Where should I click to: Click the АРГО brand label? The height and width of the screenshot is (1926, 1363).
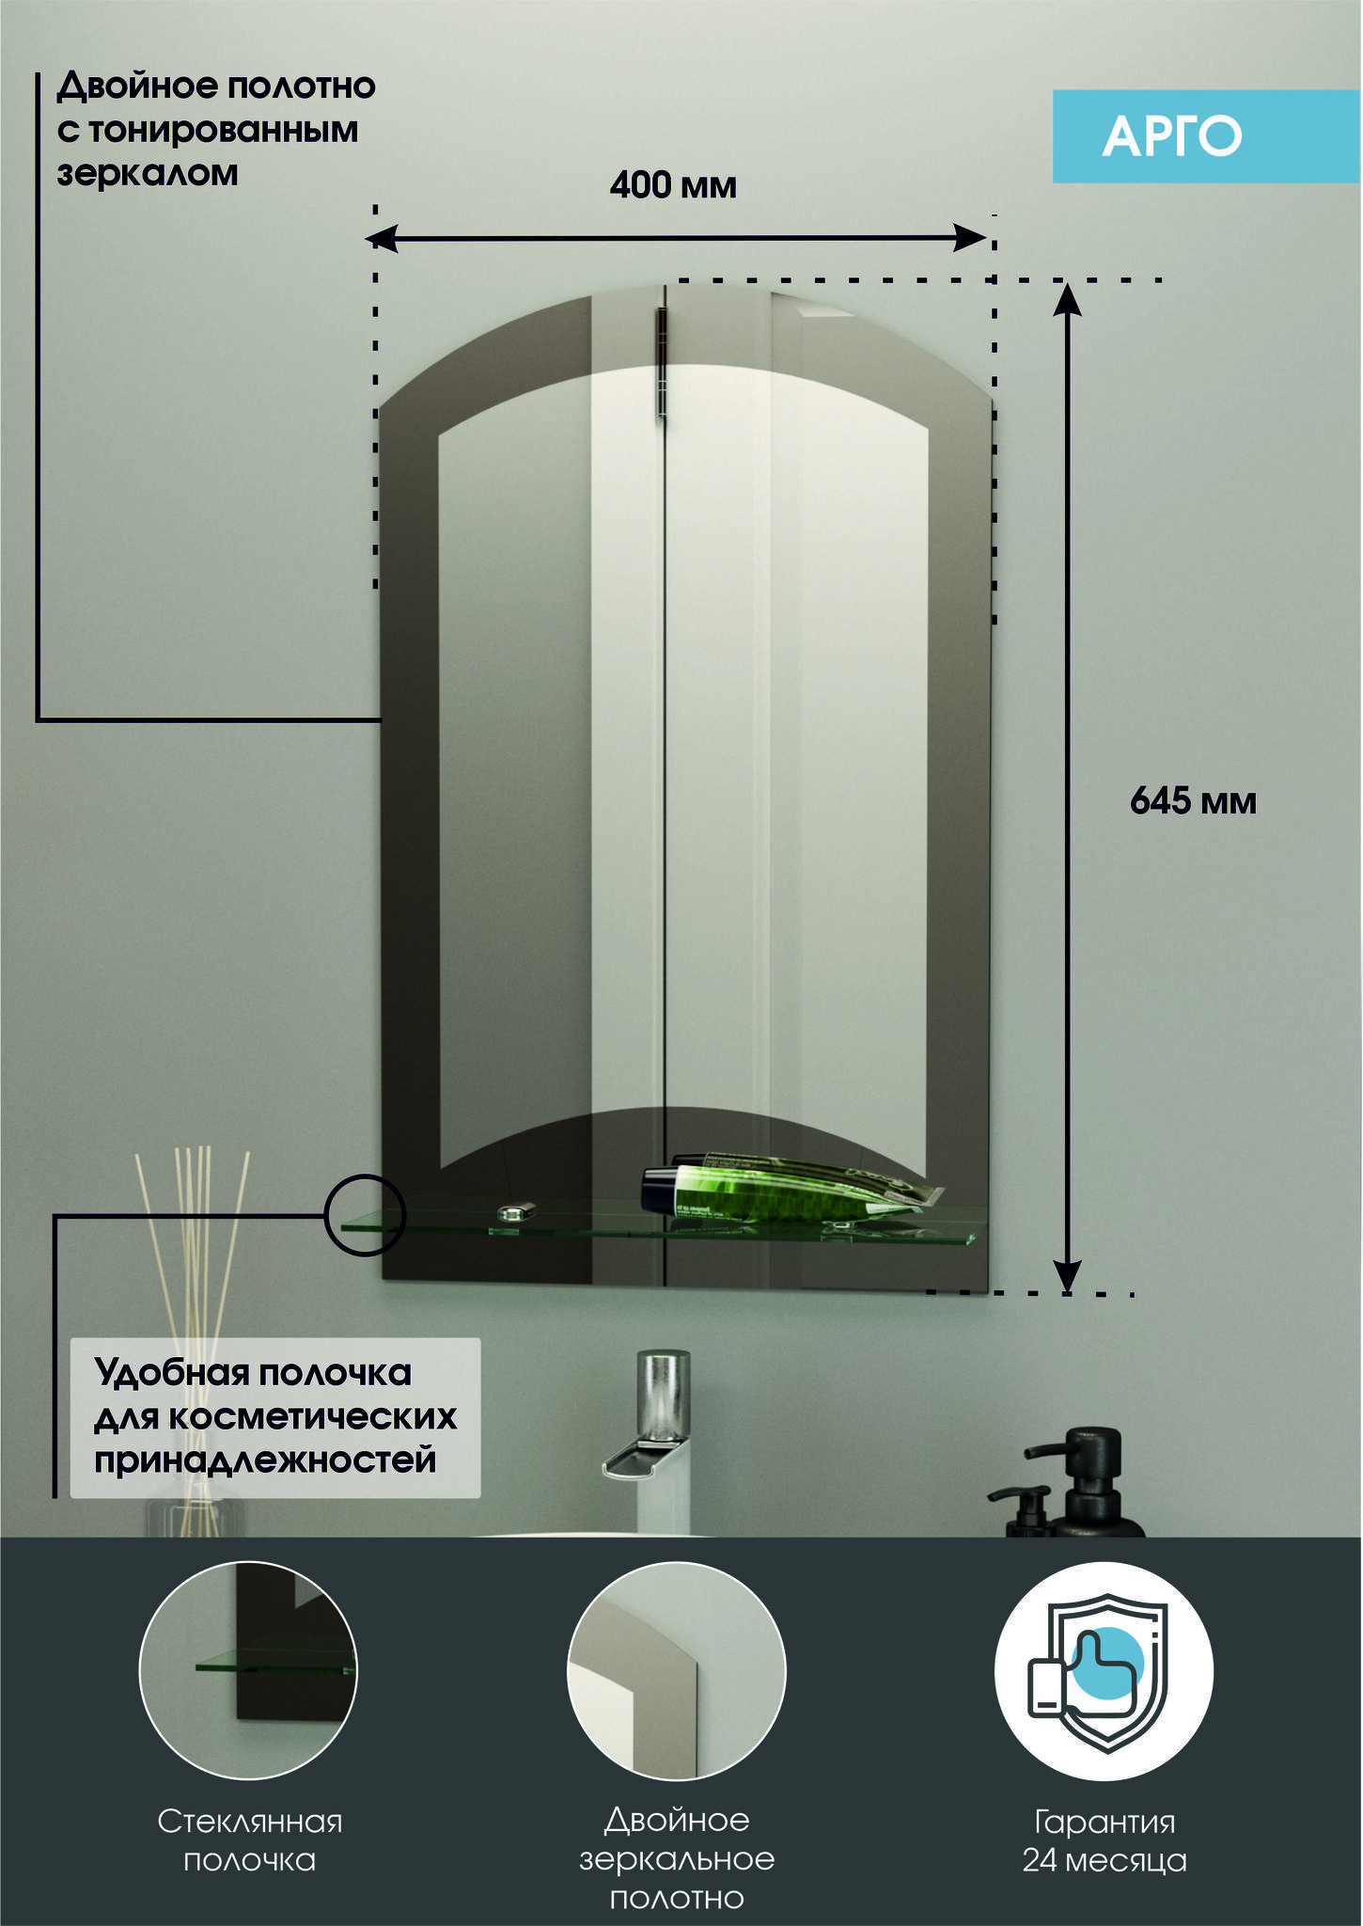(x=1172, y=136)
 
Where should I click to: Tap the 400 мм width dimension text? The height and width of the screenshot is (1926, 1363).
(x=673, y=185)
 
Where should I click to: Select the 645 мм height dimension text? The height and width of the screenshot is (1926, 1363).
(x=1193, y=801)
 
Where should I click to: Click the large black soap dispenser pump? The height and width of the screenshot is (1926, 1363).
(x=1090, y=1482)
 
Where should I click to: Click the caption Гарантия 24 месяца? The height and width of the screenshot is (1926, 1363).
(x=1104, y=1840)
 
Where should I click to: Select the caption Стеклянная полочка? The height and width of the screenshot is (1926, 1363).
(x=249, y=1840)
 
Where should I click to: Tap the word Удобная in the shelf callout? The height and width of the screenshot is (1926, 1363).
(x=171, y=1374)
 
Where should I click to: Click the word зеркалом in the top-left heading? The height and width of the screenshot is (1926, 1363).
(x=148, y=174)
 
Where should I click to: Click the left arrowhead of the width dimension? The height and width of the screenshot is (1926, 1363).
(x=382, y=239)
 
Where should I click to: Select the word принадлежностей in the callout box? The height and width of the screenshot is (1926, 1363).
(x=265, y=1460)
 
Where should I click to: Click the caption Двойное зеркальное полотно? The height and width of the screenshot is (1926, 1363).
(x=678, y=1858)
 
